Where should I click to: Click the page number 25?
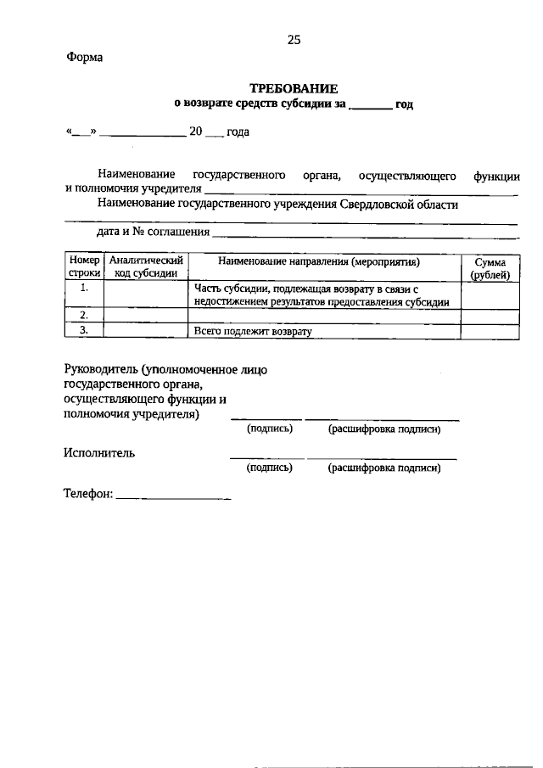coord(294,40)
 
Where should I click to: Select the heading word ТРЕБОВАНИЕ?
coord(294,88)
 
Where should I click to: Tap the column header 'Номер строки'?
coord(84,268)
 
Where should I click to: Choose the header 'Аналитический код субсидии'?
coord(146,268)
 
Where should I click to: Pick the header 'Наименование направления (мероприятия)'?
coord(324,262)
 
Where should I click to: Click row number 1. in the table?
coord(84,289)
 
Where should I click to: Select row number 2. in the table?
coord(84,316)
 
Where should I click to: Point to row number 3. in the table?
coord(84,331)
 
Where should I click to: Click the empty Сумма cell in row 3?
coord(490,332)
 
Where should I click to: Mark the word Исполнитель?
coord(99,453)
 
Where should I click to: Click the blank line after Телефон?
coord(172,496)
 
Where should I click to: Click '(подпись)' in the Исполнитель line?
coord(269,468)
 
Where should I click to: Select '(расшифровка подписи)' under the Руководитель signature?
coord(383,430)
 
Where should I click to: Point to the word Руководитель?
coord(101,369)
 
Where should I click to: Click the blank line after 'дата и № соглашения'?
coord(365,233)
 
